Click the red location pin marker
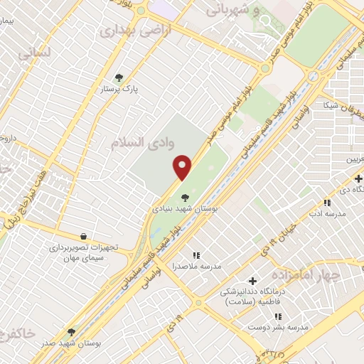183,166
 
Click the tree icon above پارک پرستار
119,78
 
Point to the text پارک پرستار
119,90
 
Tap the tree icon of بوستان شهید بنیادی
185,198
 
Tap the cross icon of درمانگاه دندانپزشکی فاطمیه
252,281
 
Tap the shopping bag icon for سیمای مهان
84,236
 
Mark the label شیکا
331,105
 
